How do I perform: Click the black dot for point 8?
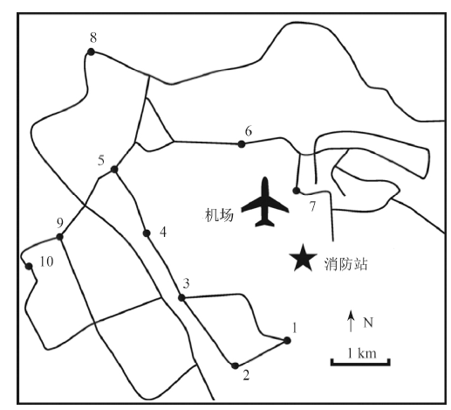coord(92,52)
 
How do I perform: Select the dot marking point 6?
coord(242,144)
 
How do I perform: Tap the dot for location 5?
coord(114,170)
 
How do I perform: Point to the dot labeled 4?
coord(147,233)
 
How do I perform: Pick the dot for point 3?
coord(181,298)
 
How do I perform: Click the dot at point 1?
coord(287,340)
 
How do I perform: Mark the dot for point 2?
coord(235,366)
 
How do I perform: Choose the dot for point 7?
coord(296,191)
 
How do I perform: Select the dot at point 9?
coord(59,237)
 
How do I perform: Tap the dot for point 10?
coord(29,266)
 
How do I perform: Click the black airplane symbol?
coord(265,204)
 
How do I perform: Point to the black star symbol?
coord(303,258)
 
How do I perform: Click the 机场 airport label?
coord(219,215)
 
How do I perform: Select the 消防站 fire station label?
coord(345,264)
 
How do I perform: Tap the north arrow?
coord(352,321)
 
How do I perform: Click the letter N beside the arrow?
coord(368,323)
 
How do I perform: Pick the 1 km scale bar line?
coord(360,363)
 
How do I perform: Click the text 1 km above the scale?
coord(362,353)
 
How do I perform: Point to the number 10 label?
coord(46,261)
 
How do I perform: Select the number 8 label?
coord(93,38)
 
